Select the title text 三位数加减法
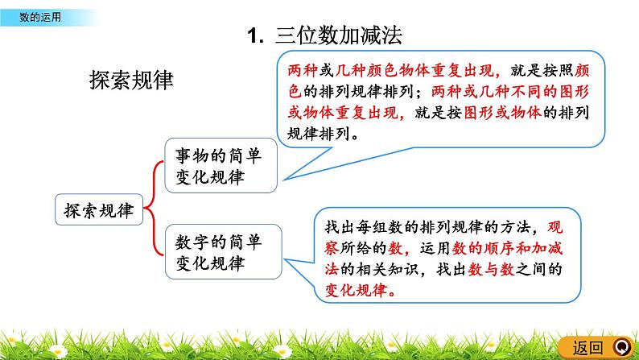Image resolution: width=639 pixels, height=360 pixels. pyautogui.click(x=337, y=35)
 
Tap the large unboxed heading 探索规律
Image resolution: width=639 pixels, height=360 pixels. pyautogui.click(x=130, y=81)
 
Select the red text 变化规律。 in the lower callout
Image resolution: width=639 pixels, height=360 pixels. pyautogui.click(x=358, y=291)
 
